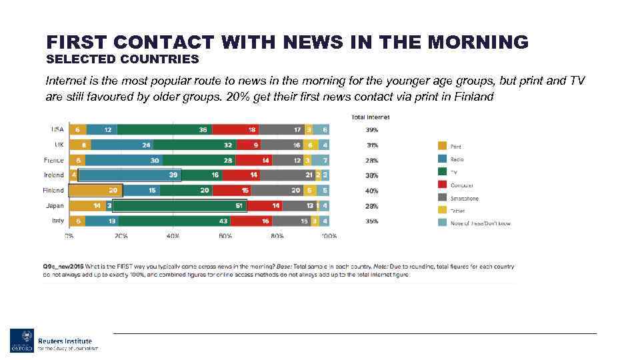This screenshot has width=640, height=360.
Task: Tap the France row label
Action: pos(53,160)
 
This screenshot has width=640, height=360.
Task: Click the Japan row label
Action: pos(55,206)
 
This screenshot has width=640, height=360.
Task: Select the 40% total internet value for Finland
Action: pos(371,191)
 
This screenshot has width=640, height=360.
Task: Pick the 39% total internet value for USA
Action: pos(371,130)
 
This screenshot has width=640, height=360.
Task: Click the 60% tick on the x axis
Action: pos(225,236)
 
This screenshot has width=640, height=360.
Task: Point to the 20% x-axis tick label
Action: pos(121,236)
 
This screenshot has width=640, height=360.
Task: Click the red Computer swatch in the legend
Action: pos(442,185)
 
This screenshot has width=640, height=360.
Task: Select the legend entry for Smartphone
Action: pos(464,198)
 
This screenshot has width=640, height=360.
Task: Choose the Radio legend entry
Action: pos(457,159)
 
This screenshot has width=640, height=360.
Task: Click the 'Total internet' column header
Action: pos(370,117)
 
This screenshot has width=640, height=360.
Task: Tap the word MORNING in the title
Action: pos(478,43)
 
